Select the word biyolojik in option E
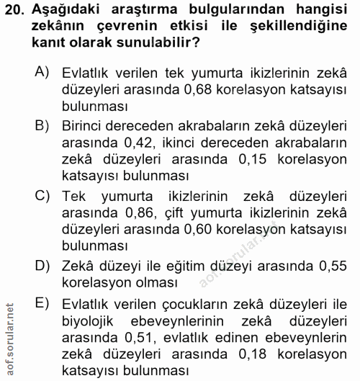[91, 321]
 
